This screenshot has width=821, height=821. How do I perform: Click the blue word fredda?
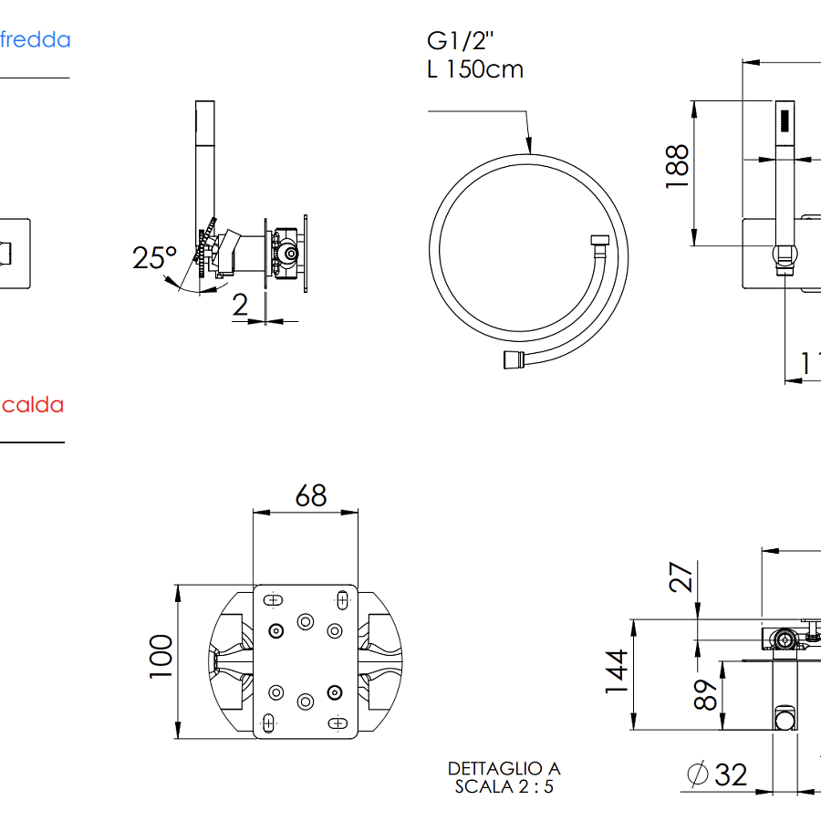(x=36, y=40)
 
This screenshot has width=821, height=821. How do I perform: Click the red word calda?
(x=33, y=404)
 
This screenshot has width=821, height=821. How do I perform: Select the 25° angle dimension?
(x=154, y=257)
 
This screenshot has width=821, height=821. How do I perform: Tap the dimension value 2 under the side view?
(x=240, y=306)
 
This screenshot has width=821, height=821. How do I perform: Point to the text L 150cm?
(x=475, y=69)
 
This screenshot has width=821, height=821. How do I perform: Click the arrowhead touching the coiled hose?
(x=528, y=145)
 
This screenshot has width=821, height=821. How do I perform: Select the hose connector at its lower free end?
(x=511, y=359)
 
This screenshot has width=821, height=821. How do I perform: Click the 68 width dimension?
(x=310, y=495)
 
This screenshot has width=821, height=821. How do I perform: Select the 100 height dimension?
(x=161, y=655)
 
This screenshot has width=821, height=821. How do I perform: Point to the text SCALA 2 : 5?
(x=504, y=786)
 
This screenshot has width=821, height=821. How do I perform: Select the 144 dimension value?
(x=618, y=671)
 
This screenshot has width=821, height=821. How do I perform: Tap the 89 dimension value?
(x=703, y=695)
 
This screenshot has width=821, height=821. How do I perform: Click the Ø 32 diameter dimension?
(x=717, y=775)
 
